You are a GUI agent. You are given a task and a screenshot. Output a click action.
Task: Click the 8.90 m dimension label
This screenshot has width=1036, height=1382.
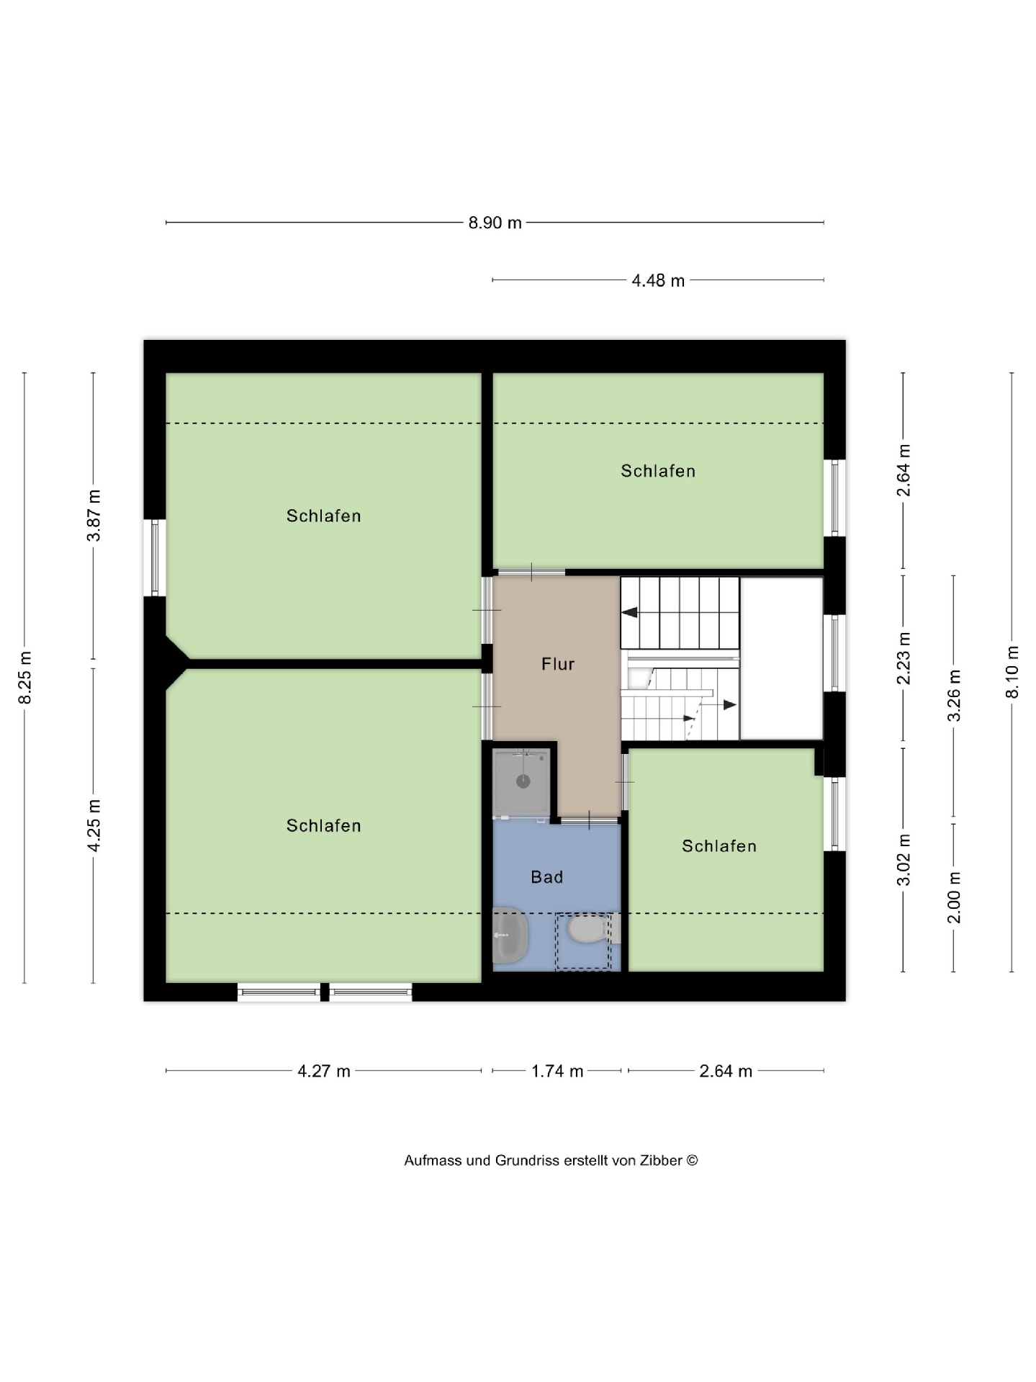(x=495, y=223)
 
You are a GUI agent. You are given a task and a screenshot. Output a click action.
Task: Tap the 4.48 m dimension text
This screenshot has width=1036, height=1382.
(x=658, y=280)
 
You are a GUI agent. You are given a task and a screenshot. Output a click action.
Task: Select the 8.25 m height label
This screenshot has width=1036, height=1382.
(x=24, y=678)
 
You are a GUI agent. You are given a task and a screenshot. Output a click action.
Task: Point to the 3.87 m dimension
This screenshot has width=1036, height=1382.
(x=94, y=515)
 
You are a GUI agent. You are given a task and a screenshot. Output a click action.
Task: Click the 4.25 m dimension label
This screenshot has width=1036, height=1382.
(x=94, y=825)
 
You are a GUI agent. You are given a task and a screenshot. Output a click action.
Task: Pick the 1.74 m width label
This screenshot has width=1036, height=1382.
(x=557, y=1071)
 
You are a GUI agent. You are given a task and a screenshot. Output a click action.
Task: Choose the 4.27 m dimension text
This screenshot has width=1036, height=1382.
(x=324, y=1071)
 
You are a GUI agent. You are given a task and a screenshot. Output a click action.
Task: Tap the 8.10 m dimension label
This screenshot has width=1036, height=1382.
(x=1012, y=672)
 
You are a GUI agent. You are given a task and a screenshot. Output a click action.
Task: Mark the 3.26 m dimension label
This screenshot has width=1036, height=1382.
(x=954, y=695)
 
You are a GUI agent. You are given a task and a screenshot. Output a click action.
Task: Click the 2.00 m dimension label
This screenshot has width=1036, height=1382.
(x=954, y=897)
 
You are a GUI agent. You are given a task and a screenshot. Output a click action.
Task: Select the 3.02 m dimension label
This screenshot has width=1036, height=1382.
(x=904, y=859)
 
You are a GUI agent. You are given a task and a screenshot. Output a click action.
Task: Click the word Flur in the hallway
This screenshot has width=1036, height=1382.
(x=558, y=664)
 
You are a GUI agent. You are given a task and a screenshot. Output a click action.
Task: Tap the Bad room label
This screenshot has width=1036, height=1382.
(x=546, y=877)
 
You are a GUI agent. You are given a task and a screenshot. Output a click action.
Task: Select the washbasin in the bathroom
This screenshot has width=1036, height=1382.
(x=510, y=935)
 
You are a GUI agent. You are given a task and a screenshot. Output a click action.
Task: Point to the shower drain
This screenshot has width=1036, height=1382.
(x=523, y=781)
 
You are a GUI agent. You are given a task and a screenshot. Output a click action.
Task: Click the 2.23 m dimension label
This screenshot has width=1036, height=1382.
(x=904, y=658)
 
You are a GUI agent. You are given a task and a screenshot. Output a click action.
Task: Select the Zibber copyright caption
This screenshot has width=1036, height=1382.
(x=551, y=1160)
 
